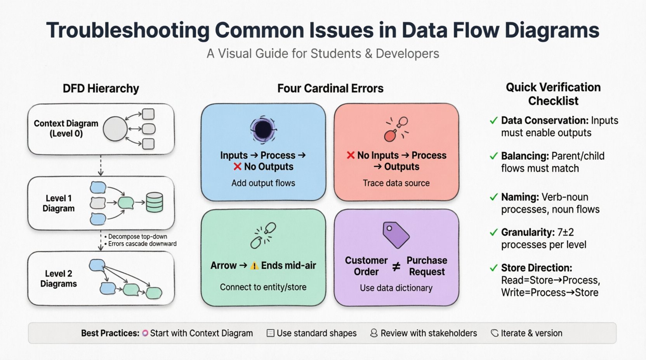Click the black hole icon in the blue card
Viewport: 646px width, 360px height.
[x=263, y=130]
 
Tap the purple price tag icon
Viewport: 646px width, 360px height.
[x=395, y=235]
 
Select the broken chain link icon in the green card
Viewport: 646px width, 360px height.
[x=263, y=235]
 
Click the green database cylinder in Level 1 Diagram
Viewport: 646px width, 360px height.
[x=155, y=202]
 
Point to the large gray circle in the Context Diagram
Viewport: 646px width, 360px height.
[x=115, y=129]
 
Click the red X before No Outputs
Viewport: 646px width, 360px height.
[x=238, y=167]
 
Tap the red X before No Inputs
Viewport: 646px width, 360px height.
[x=351, y=156]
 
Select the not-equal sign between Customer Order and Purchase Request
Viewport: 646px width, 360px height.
[x=396, y=267]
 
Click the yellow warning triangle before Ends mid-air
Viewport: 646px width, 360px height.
[x=254, y=266]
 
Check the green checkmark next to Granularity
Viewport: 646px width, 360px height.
[x=493, y=232]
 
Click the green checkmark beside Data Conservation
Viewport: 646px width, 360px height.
[x=493, y=121]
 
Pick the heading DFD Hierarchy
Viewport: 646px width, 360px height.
[x=101, y=88]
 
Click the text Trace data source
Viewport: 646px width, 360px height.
[x=396, y=183]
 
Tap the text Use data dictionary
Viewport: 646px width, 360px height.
[x=396, y=288]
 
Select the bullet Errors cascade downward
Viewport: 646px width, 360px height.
[x=142, y=244]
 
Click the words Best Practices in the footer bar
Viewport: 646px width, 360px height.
[x=110, y=333]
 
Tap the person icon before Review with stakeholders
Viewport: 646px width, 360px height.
[x=373, y=333]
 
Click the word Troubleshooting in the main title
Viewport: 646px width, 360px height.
[x=128, y=30]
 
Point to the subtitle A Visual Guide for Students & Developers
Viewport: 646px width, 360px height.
[x=323, y=54]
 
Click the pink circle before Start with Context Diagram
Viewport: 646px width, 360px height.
[x=145, y=333]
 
